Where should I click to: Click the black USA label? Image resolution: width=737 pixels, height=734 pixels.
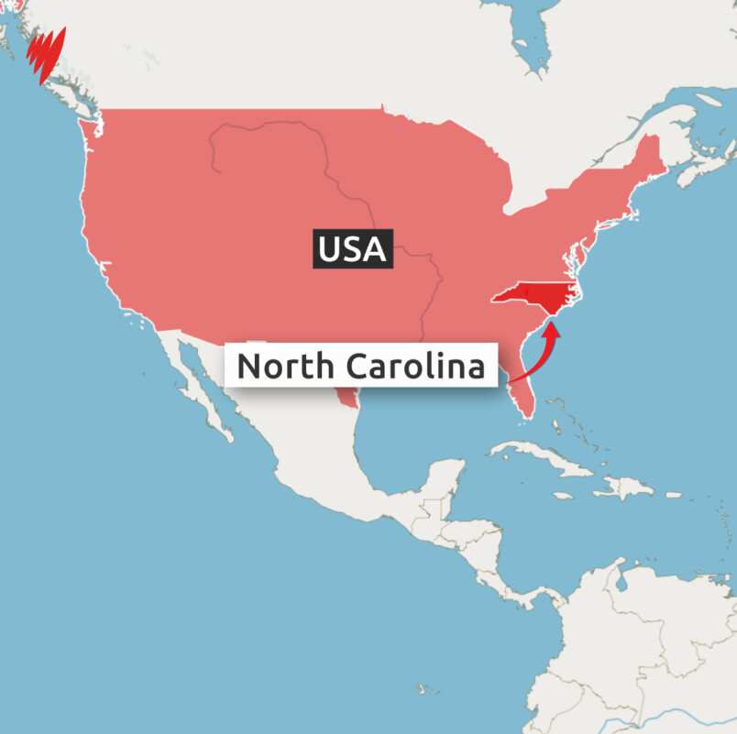click(353, 248)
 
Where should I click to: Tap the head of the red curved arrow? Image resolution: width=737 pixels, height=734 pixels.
click(553, 323)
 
